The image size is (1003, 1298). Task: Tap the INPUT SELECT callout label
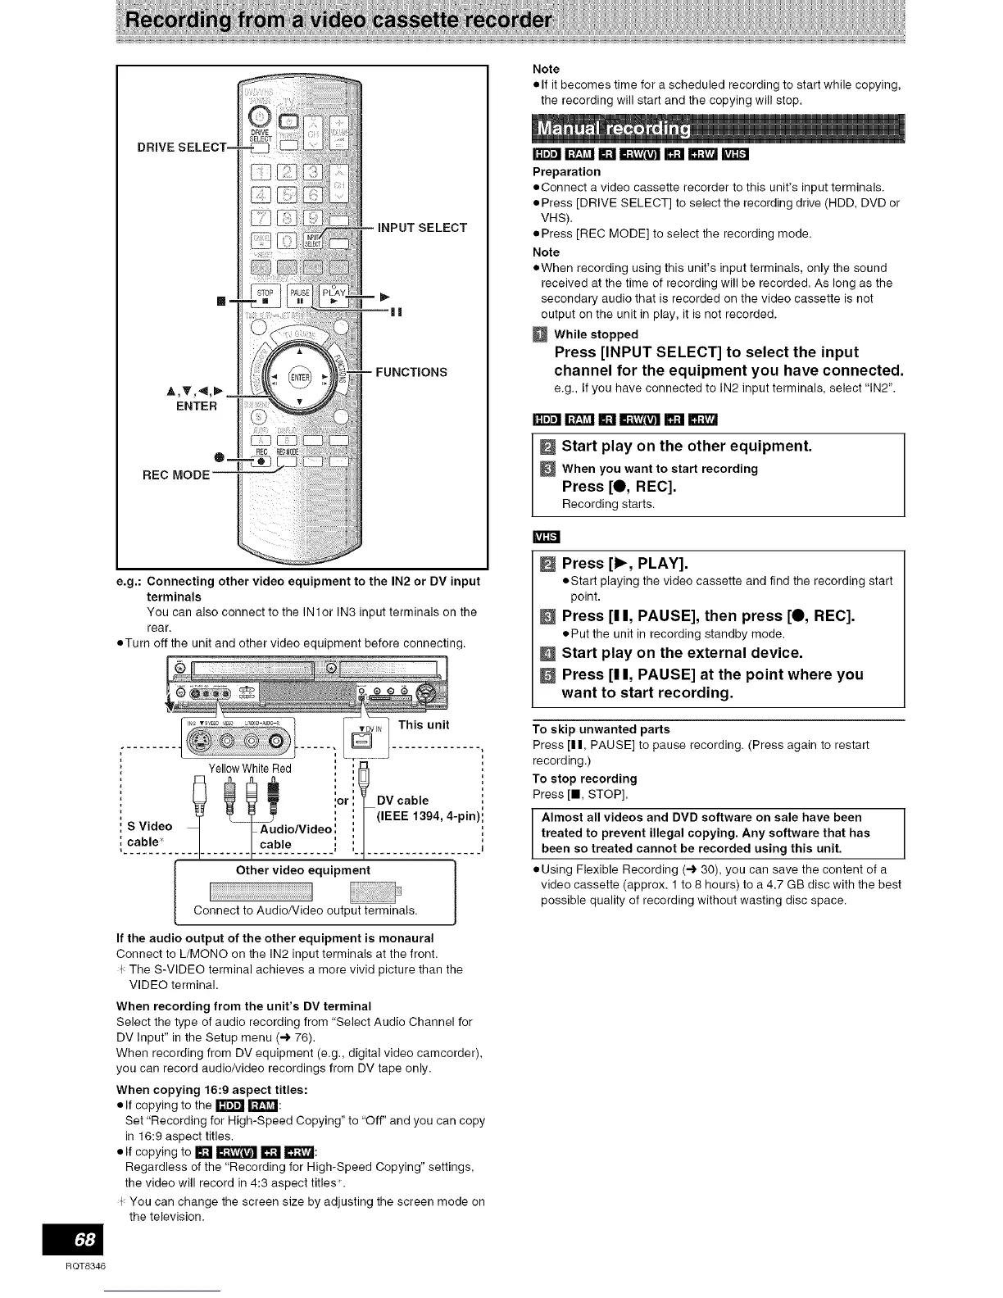tap(422, 227)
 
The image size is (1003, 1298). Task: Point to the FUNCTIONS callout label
tap(411, 372)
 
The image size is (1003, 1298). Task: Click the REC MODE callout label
tap(176, 474)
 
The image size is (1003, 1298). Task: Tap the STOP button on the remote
tap(265, 295)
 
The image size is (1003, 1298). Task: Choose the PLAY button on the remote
tap(334, 295)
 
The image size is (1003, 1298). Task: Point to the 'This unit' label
tap(424, 724)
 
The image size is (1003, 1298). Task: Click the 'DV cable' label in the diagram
tap(402, 800)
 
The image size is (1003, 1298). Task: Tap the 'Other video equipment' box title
tap(302, 870)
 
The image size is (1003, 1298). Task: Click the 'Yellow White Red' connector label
tap(250, 769)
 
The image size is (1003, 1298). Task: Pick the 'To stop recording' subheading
tap(584, 778)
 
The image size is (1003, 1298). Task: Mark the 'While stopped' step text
tap(596, 334)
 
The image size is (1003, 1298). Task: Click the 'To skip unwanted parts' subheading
tap(601, 729)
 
